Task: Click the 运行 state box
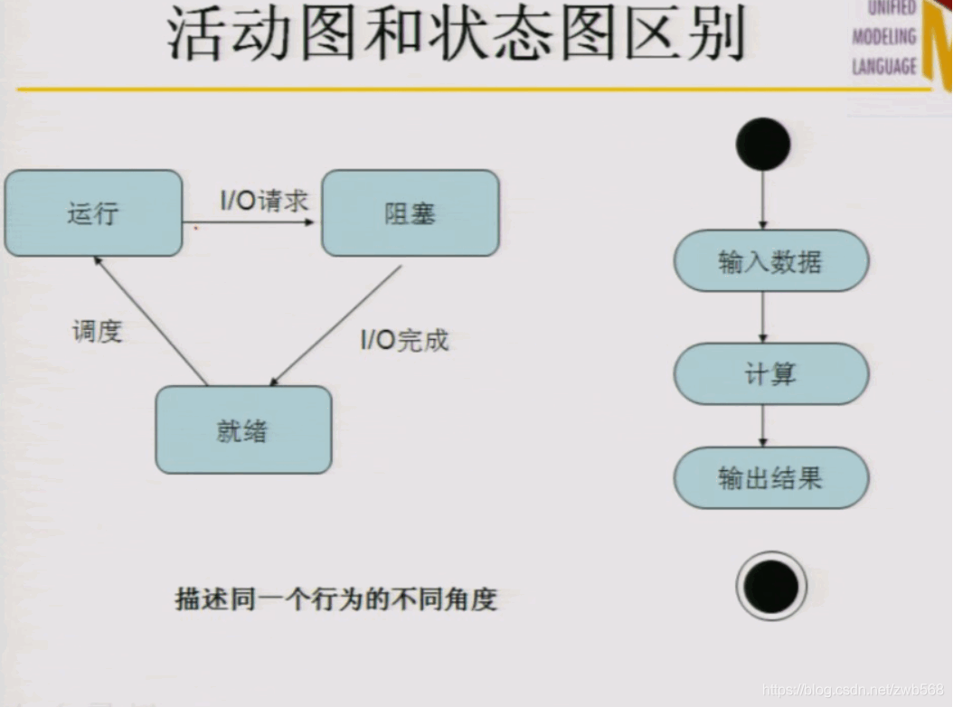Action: tap(93, 213)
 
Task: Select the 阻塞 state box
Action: tap(410, 213)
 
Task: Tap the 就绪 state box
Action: tap(242, 430)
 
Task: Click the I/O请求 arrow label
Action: tap(265, 201)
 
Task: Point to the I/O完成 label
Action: tap(404, 340)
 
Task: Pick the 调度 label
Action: tap(97, 331)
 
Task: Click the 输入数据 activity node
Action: tap(770, 262)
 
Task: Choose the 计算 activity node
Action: tap(770, 373)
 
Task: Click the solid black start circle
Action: tap(763, 145)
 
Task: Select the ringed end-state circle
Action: tap(770, 586)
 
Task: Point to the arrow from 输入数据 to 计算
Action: tap(763, 317)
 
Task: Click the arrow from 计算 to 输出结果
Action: tap(763, 426)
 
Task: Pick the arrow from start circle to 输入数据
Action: tap(763, 200)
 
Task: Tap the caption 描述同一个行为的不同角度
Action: tap(335, 599)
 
